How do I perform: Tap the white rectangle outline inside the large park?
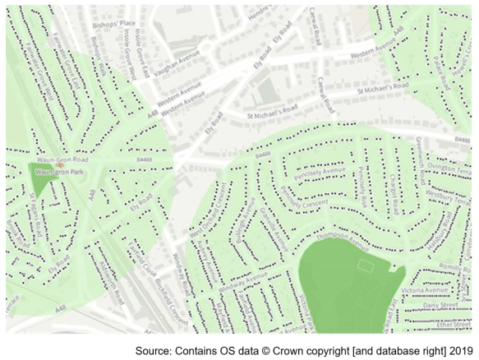click(366, 265)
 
